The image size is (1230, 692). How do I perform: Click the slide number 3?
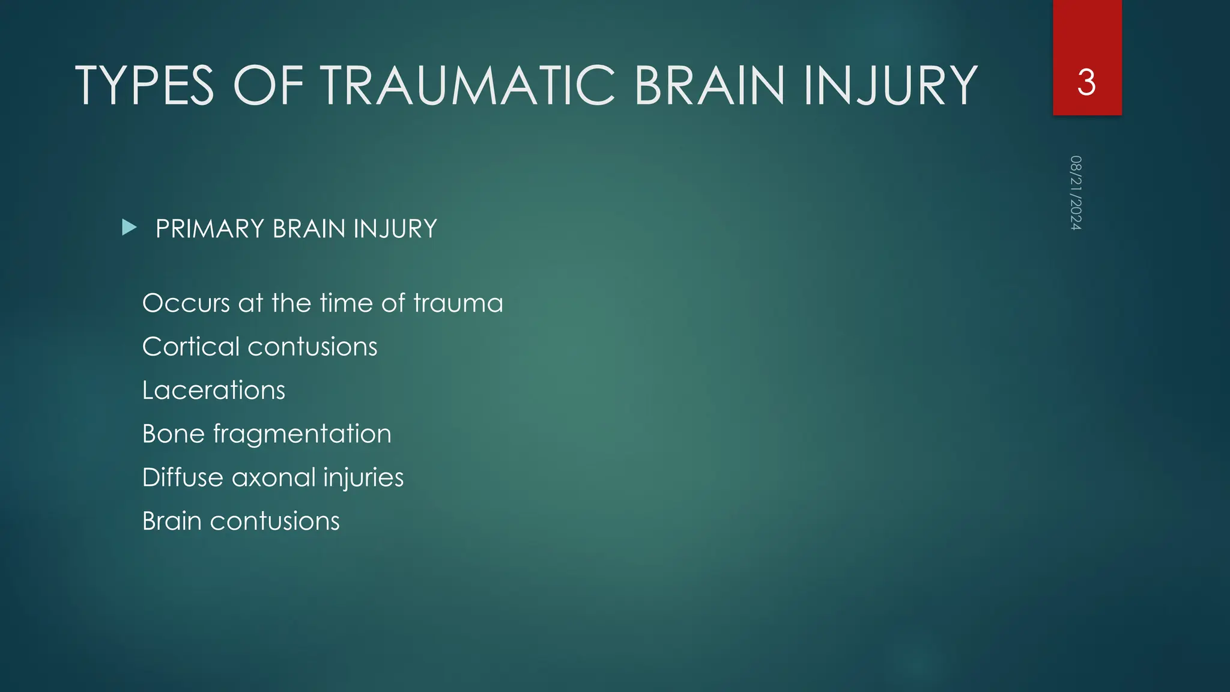[1086, 82]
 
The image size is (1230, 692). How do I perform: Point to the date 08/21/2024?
[1076, 193]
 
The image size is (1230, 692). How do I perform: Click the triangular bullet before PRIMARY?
[129, 228]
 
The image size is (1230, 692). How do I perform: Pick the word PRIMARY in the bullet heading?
[210, 229]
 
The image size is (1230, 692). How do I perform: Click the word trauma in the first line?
[458, 303]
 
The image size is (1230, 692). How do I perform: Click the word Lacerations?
[214, 390]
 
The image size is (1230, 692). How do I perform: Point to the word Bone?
[174, 434]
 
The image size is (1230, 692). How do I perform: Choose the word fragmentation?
[302, 434]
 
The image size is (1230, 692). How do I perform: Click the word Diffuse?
[183, 478]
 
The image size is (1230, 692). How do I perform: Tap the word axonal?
[273, 478]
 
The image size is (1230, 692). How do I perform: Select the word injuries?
[363, 478]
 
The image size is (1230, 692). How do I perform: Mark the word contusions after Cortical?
[312, 347]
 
